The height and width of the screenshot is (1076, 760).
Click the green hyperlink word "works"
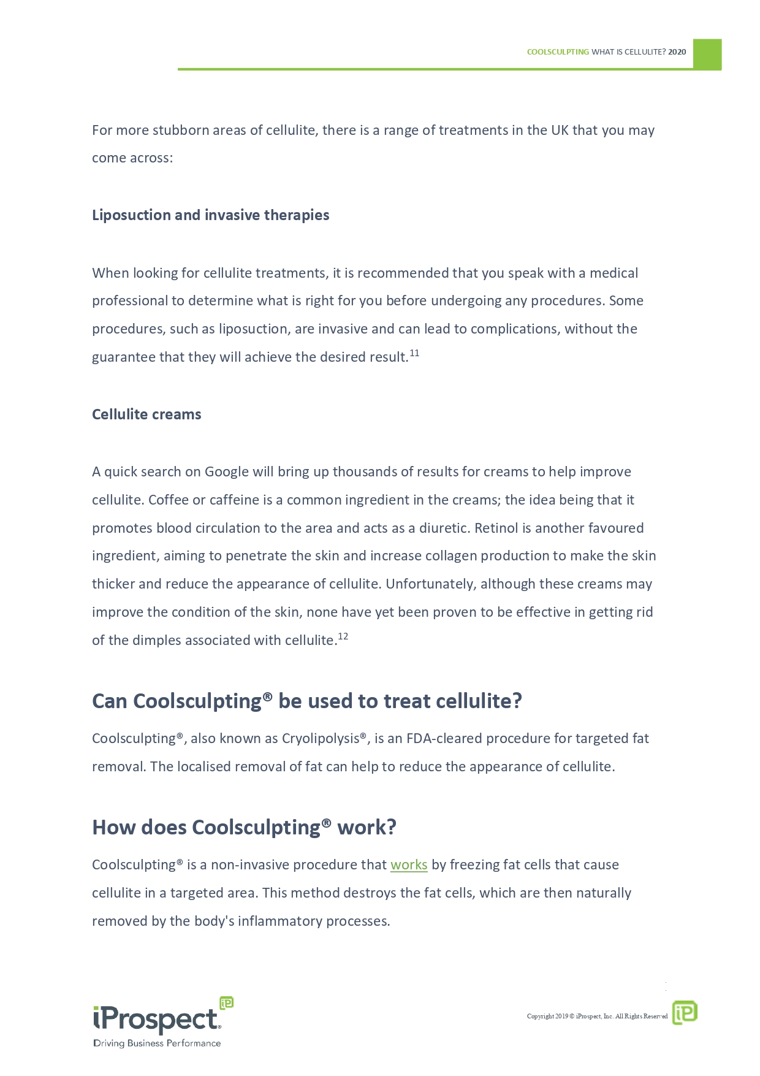coord(409,865)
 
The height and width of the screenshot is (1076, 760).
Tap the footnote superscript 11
coord(414,353)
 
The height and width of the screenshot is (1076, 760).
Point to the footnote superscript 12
coord(343,636)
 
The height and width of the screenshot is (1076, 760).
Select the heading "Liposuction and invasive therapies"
coord(210,215)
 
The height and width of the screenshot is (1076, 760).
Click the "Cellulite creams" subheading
coord(146,414)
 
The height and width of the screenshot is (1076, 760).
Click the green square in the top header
coord(707,54)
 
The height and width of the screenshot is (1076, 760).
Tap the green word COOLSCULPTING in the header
coord(558,52)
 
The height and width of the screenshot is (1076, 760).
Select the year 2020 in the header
coord(677,52)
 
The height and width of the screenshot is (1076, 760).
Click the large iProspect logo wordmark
coord(157,1019)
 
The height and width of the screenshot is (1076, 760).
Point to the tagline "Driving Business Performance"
coord(157,1044)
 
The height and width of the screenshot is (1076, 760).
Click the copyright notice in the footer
coord(597,1017)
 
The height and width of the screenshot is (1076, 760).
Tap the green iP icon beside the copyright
coord(685,1012)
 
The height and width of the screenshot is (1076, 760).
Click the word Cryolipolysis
coord(321,739)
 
